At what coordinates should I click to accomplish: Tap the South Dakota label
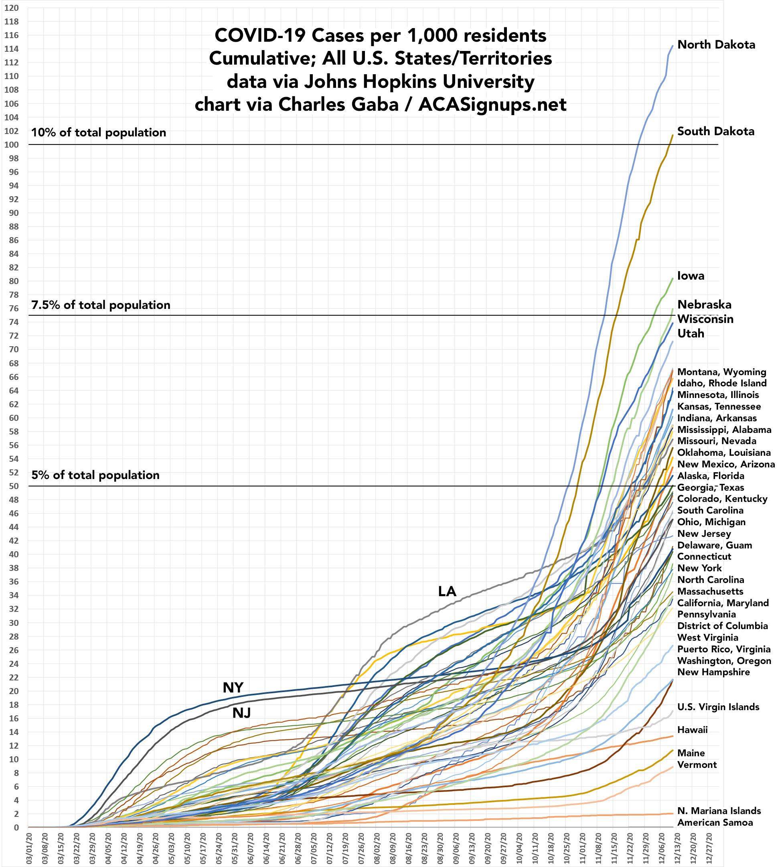715,131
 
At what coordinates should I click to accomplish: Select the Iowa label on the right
691,276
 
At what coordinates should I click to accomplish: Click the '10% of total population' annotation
98,132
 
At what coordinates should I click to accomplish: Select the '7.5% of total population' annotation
101,305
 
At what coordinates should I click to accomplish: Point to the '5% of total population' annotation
95,475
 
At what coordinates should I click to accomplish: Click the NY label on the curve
233,688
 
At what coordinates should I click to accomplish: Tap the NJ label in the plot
241,713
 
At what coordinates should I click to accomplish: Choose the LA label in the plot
447,592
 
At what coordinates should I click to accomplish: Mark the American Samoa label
715,822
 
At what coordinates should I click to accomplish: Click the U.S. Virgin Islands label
718,707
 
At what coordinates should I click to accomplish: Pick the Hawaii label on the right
692,730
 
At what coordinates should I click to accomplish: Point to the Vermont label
697,765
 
